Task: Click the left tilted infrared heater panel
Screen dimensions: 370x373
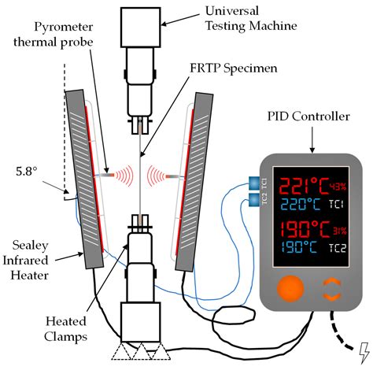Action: tap(85, 175)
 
